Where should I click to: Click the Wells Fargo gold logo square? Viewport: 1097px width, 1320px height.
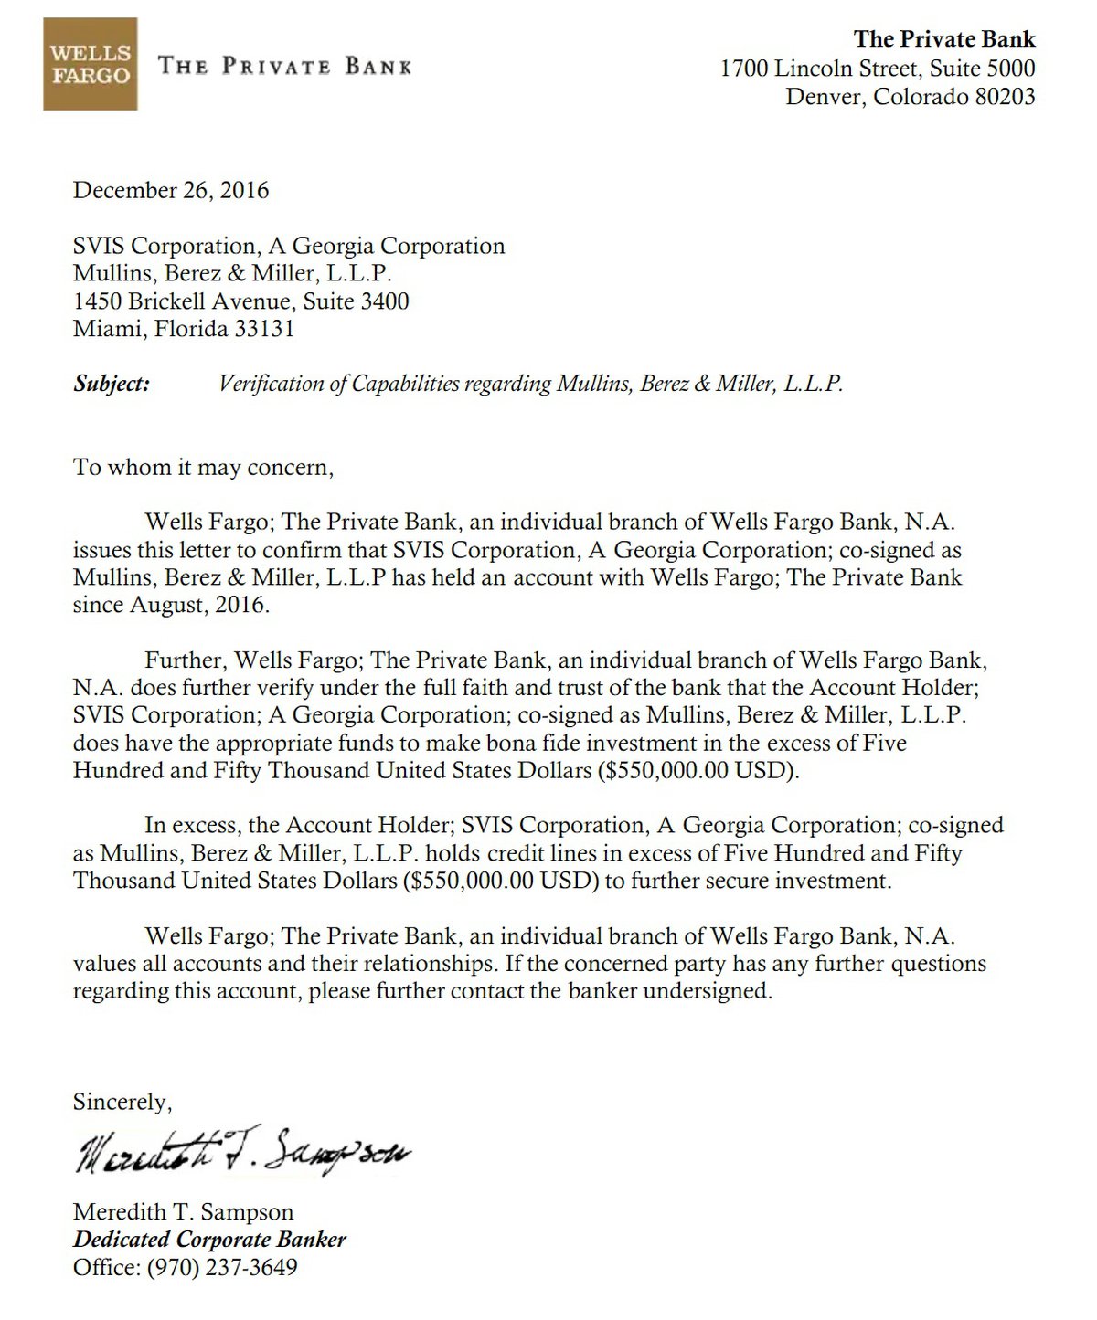(x=90, y=65)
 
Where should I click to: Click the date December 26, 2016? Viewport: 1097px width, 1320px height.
(x=171, y=190)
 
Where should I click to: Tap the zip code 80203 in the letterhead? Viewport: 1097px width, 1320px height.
(x=1004, y=96)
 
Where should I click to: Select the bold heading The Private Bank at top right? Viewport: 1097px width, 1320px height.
(x=944, y=39)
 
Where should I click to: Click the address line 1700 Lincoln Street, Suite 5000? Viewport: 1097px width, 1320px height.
(x=878, y=68)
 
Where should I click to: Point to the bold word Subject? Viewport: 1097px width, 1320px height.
(x=112, y=384)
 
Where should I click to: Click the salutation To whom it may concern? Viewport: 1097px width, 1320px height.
(x=203, y=468)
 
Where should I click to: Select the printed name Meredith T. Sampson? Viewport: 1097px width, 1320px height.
(x=184, y=1212)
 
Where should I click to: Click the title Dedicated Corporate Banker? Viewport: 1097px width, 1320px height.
(x=210, y=1240)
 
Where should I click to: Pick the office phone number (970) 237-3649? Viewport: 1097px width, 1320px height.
(x=222, y=1268)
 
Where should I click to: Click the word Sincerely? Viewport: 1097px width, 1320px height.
(x=122, y=1102)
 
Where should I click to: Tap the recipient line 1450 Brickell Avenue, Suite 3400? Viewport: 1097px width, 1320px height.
(x=241, y=301)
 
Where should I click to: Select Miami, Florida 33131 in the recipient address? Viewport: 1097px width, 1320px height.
(x=184, y=329)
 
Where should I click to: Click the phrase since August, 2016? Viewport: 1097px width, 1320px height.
(x=171, y=605)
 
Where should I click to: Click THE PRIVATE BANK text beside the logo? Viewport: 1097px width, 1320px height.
(x=285, y=66)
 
